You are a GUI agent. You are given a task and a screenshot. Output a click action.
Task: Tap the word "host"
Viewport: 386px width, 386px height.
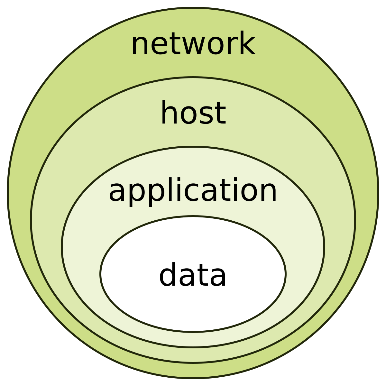[193, 113]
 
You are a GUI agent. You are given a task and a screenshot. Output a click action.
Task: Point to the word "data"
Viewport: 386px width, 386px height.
[193, 275]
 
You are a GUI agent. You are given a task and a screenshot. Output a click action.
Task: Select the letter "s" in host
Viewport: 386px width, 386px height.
[205, 115]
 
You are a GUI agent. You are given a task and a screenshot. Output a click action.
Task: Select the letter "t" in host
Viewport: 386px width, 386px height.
[219, 113]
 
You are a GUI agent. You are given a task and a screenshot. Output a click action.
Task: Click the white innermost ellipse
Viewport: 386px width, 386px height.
[193, 309]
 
